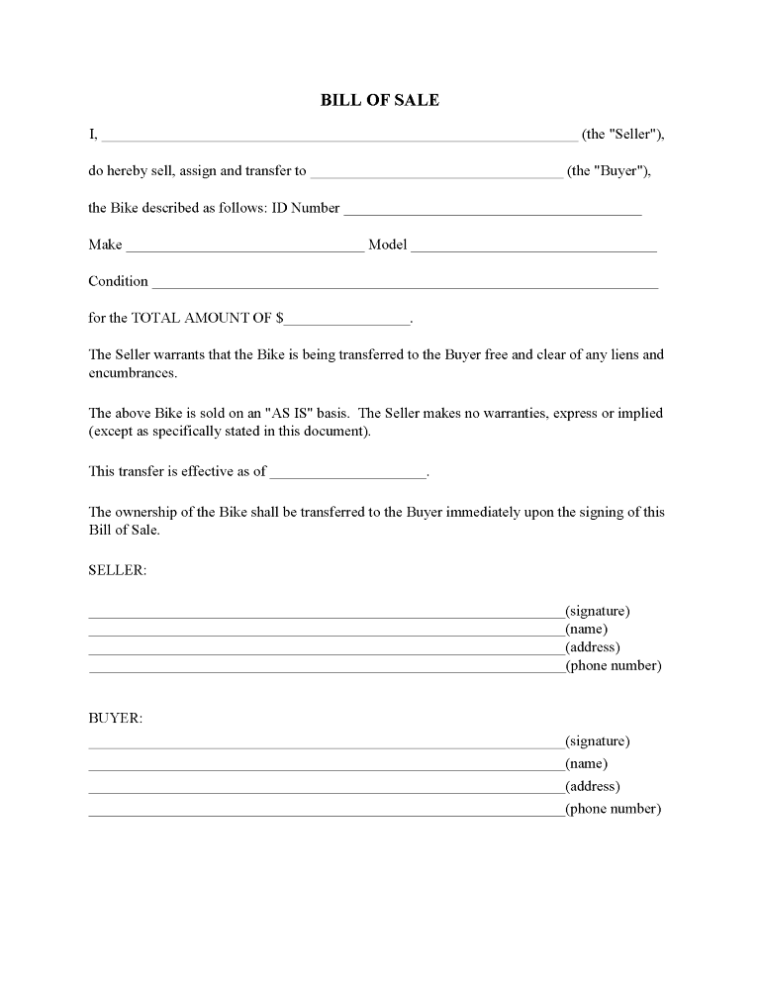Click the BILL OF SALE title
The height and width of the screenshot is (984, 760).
tap(380, 100)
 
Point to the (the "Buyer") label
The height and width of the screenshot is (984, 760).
tap(609, 170)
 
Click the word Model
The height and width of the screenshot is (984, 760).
tap(387, 245)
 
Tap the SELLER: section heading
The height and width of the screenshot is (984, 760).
tap(117, 571)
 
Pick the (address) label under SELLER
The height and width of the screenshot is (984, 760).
tap(592, 647)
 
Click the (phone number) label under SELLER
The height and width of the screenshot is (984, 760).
tap(613, 665)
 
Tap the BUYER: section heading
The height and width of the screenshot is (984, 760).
tap(115, 718)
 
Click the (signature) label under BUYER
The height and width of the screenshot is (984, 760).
tap(597, 740)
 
